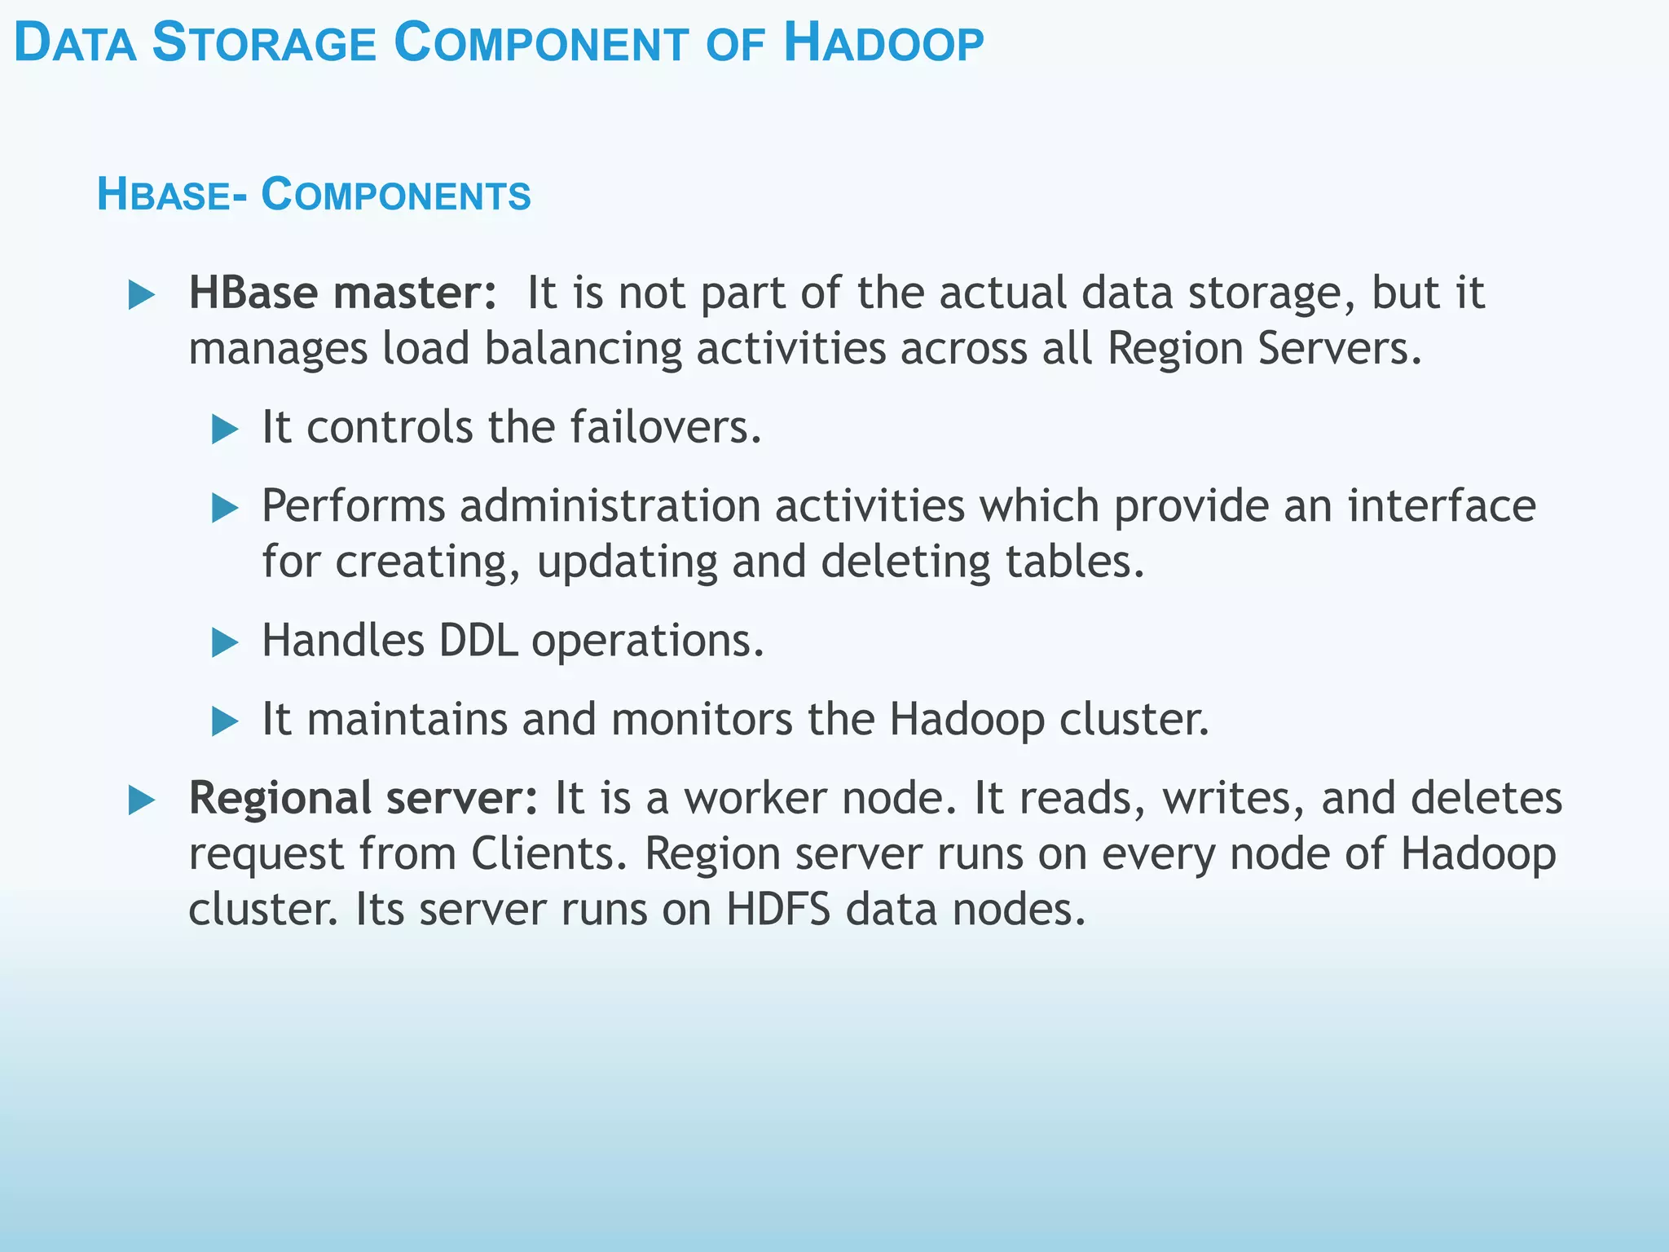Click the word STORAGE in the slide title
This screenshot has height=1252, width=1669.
(264, 43)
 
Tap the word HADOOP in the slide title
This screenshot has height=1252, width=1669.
(883, 43)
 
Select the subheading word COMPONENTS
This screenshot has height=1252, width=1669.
(396, 195)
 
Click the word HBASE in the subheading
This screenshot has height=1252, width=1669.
(164, 195)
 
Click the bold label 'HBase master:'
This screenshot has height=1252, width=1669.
(342, 293)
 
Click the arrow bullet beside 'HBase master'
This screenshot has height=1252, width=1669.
(142, 295)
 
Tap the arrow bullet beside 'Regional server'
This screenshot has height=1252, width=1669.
(142, 800)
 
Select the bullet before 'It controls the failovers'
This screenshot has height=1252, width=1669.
(224, 429)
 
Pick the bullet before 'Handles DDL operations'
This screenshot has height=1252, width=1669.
(224, 643)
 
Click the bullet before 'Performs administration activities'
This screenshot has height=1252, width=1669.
(224, 509)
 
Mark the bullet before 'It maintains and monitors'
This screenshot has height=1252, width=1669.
(224, 721)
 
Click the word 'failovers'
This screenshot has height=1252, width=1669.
(663, 426)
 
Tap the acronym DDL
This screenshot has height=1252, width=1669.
(478, 641)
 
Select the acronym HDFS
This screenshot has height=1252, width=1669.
(777, 909)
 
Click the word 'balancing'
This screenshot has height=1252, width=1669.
(583, 348)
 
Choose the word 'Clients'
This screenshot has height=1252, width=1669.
(548, 853)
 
